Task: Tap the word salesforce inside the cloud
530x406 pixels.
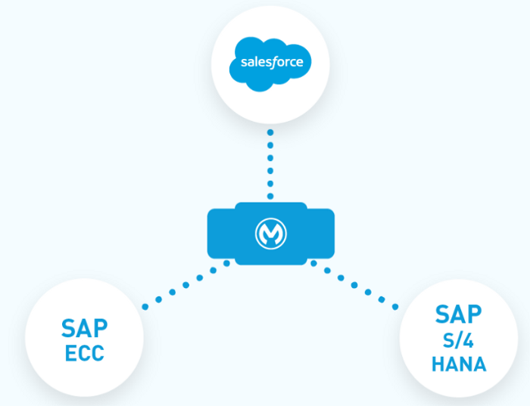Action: pos(271,62)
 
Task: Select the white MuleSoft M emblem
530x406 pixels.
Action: pos(270,234)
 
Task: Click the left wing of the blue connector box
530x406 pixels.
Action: pos(220,233)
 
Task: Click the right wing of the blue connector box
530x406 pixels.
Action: pos(320,233)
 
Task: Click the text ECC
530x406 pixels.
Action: pos(83,352)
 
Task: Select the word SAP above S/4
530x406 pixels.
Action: pos(458,313)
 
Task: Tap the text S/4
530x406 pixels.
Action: pos(458,338)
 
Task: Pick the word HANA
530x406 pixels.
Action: pos(458,364)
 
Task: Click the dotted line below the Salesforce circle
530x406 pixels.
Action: pos(270,163)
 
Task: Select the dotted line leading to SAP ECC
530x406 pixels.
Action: pos(185,284)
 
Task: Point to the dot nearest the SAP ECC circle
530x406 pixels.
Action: pos(144,305)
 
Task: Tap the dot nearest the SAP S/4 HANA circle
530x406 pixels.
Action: pos(394,306)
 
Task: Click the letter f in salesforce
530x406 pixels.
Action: pos(276,61)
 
